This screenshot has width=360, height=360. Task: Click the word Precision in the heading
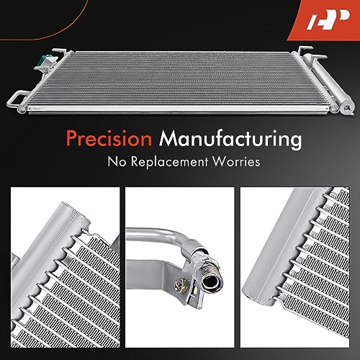109,138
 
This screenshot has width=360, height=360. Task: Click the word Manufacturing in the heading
230,140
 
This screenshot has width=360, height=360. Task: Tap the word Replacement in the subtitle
169,162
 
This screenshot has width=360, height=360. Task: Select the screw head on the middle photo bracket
181,286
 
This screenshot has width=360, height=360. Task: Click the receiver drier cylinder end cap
346,108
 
